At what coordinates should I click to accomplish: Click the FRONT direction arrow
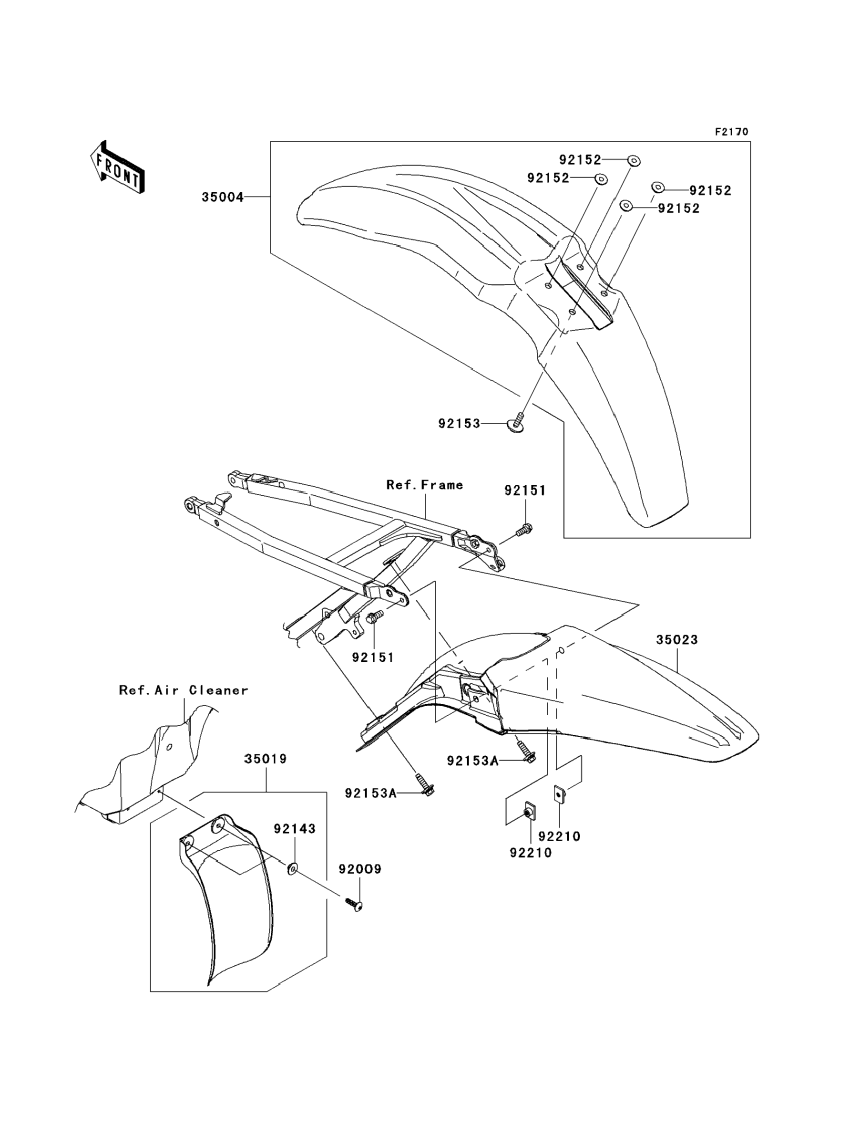coord(116,167)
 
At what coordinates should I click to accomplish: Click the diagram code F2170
coord(731,132)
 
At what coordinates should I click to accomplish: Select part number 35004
coord(222,197)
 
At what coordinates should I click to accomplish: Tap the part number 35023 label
coord(677,639)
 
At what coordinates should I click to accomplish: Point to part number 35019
coord(265,759)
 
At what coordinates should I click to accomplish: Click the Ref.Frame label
coord(424,485)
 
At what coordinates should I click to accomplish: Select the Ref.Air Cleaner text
coord(183,690)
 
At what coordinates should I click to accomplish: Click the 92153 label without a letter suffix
coord(459,424)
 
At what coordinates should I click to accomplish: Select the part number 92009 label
coord(360,869)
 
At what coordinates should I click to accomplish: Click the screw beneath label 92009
coord(355,905)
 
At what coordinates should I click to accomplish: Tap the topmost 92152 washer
coord(634,161)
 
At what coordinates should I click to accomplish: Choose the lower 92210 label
coord(531,853)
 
